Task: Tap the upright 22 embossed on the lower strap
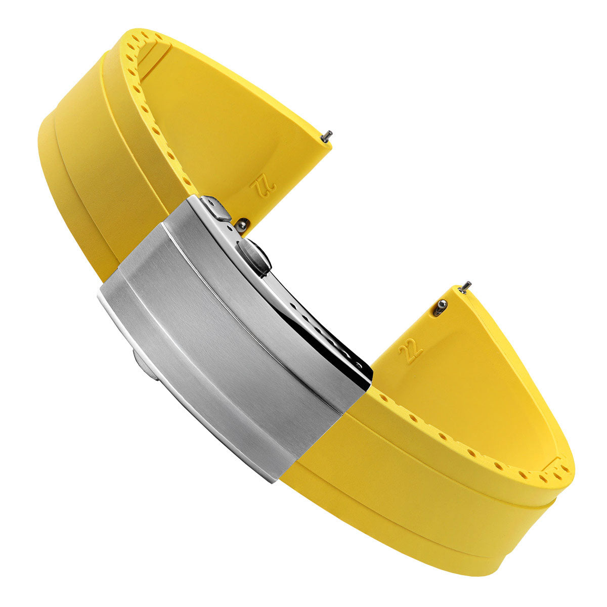click(x=410, y=352)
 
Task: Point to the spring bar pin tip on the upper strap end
click(x=328, y=135)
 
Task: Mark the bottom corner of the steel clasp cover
click(x=276, y=479)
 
